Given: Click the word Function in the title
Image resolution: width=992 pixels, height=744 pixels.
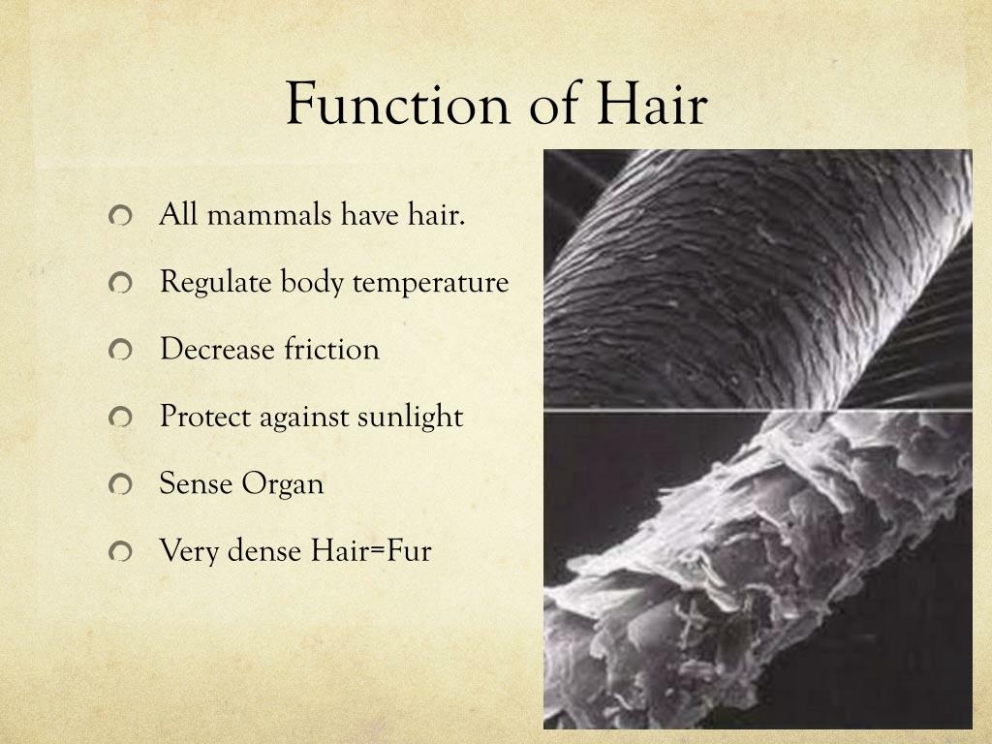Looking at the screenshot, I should pyautogui.click(x=398, y=105).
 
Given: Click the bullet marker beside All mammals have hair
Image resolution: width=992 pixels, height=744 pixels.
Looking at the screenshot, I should pyautogui.click(x=119, y=216).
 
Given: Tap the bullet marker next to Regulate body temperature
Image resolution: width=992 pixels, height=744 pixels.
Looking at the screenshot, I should pyautogui.click(x=119, y=284).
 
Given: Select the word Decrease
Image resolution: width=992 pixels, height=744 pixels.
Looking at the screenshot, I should pyautogui.click(x=217, y=349).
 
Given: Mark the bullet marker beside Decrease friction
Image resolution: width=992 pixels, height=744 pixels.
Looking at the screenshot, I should pyautogui.click(x=119, y=351).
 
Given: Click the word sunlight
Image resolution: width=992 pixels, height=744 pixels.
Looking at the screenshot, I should pyautogui.click(x=410, y=417).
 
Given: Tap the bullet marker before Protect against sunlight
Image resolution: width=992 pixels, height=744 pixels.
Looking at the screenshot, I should pyautogui.click(x=119, y=418).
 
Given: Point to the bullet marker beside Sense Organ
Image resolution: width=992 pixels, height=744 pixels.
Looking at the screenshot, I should pyautogui.click(x=119, y=485).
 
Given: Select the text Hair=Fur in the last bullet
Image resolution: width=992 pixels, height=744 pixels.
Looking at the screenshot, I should pyautogui.click(x=371, y=551).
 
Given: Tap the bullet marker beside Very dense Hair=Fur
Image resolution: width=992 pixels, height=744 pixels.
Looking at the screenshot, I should pyautogui.click(x=119, y=553).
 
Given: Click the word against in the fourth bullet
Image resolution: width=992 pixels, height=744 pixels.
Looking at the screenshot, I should pyautogui.click(x=303, y=418).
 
